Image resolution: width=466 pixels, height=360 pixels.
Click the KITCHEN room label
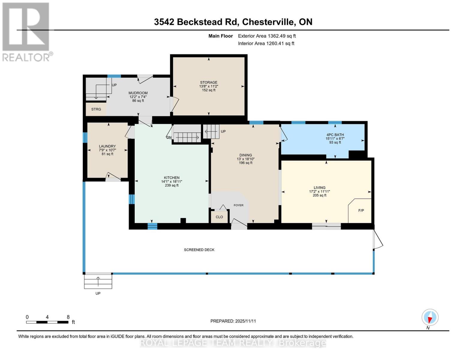(x=172, y=178)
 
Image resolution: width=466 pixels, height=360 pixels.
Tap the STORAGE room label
(x=209, y=82)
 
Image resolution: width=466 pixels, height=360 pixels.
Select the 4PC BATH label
(x=335, y=135)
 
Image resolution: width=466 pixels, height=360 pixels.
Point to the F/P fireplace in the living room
(x=361, y=211)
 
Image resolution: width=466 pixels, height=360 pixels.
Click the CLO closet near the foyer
(x=219, y=217)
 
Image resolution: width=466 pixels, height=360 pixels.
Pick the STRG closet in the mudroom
(x=96, y=109)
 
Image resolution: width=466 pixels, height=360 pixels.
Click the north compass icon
(x=430, y=317)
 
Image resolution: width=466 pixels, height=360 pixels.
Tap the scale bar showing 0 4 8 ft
(x=47, y=322)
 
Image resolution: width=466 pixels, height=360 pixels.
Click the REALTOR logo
(x=26, y=31)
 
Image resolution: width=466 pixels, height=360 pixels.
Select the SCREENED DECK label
(x=199, y=250)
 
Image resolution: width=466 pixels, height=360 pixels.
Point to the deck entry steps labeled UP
(x=98, y=282)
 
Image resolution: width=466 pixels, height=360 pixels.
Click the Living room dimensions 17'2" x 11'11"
(x=319, y=191)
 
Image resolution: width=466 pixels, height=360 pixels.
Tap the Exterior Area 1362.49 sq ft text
(x=267, y=36)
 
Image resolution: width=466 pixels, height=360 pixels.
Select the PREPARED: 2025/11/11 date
(x=233, y=321)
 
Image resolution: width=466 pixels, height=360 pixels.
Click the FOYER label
(x=239, y=205)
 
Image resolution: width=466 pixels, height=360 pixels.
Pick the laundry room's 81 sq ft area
(x=107, y=154)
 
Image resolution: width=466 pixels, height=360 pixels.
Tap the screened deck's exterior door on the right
(x=377, y=240)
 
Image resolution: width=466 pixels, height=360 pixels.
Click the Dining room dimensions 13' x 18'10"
(x=245, y=159)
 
